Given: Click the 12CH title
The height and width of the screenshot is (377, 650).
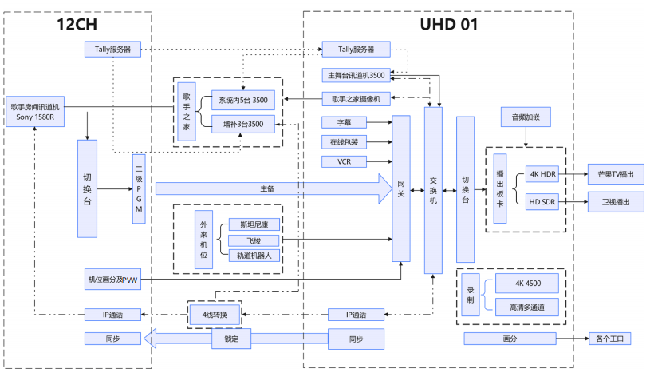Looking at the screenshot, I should point(77,24).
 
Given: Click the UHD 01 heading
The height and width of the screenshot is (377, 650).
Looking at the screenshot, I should point(449,24).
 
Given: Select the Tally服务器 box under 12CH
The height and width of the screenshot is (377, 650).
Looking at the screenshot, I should point(112,50).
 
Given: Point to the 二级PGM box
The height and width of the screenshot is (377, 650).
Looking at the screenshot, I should point(139,189).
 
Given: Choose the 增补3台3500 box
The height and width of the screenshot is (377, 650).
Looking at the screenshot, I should point(242,123).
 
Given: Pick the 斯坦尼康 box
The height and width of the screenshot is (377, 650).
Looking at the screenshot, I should point(254,224).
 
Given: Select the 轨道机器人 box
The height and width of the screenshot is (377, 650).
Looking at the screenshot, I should point(254,256).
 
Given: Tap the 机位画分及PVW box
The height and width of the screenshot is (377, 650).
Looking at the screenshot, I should point(112,279).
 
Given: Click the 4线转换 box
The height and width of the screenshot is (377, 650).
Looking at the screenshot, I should point(214,315).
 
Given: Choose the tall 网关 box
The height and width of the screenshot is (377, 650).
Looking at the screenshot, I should point(401,188).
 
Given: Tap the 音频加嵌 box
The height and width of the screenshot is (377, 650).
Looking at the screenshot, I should point(526,117).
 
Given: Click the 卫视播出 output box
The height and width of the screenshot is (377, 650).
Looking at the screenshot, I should point(615,202).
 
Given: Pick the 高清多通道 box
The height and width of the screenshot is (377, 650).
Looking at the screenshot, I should point(527,307).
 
